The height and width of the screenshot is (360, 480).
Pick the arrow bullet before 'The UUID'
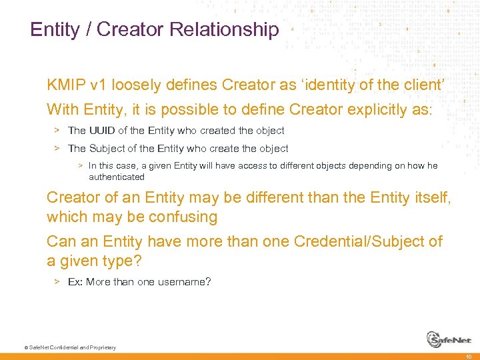(x=57, y=131)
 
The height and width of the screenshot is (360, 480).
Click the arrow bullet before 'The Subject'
(x=57, y=149)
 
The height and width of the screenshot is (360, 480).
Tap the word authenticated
(x=117, y=177)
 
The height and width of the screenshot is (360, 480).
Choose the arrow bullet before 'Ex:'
(x=57, y=282)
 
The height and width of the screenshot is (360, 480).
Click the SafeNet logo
(x=448, y=339)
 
